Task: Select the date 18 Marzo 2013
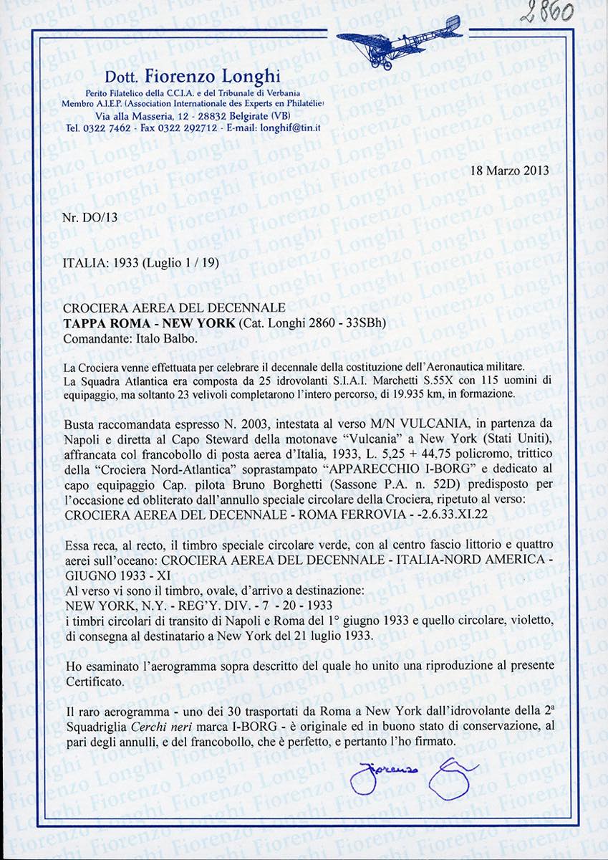click(x=501, y=171)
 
